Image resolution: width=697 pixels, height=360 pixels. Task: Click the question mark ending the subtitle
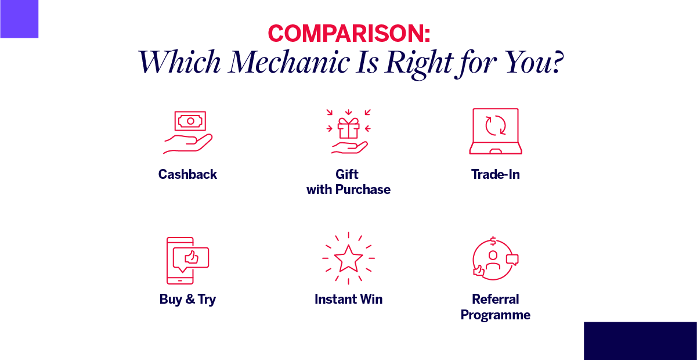click(x=557, y=62)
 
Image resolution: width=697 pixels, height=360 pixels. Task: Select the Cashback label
click(x=187, y=174)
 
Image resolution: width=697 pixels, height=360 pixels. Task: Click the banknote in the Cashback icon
click(x=190, y=121)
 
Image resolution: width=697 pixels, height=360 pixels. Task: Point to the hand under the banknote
click(x=187, y=144)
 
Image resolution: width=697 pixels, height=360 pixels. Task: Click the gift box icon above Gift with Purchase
click(x=348, y=128)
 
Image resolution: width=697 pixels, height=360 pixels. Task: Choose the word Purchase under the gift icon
click(x=363, y=189)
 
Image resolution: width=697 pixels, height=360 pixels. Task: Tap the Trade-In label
click(x=496, y=174)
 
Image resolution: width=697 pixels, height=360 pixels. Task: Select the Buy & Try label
click(x=187, y=299)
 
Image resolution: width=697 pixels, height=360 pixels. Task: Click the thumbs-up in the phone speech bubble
click(x=192, y=258)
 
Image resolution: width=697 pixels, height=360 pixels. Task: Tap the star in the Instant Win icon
click(x=348, y=258)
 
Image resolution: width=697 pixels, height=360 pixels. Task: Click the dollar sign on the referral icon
click(x=493, y=241)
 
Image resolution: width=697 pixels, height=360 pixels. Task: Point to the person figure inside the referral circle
click(x=493, y=260)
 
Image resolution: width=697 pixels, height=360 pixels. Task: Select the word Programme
click(x=496, y=315)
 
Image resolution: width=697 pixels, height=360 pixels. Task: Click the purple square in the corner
click(x=19, y=19)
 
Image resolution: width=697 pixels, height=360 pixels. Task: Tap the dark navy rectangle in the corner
click(x=640, y=341)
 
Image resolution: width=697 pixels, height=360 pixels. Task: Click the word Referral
click(x=496, y=299)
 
